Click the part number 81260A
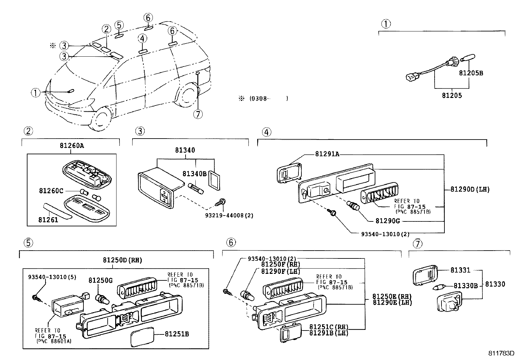click(72, 145)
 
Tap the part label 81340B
click(194, 174)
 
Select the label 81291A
click(327, 154)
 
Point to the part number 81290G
click(388, 221)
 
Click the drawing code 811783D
click(501, 353)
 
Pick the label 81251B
click(177, 334)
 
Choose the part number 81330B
click(466, 286)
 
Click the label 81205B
click(471, 73)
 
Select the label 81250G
click(100, 280)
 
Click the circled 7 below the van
click(198, 114)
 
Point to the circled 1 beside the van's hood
click(36, 93)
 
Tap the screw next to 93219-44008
click(220, 202)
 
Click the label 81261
click(48, 219)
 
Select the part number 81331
click(460, 270)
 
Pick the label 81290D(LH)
click(470, 189)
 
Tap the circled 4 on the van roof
click(142, 38)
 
